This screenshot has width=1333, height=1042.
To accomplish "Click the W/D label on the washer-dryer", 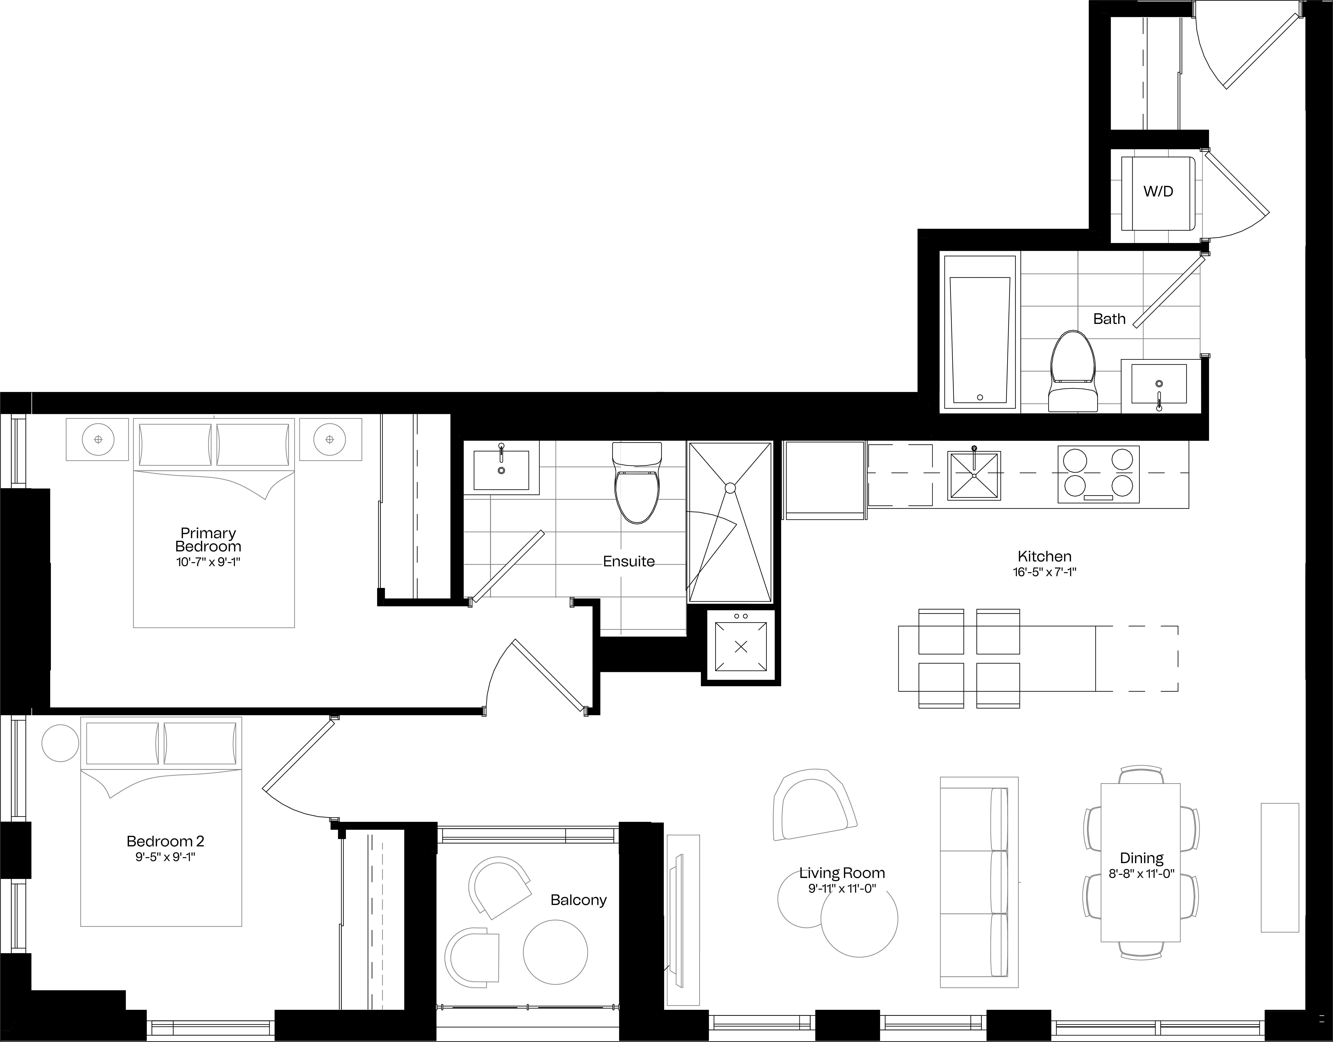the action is [x=1158, y=192].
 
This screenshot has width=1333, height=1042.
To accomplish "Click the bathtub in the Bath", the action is [x=980, y=332].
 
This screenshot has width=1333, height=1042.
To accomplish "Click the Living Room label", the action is [x=842, y=873].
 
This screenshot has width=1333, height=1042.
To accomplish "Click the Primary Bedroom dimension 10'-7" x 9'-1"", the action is [x=208, y=562].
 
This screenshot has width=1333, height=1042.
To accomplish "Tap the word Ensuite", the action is [x=629, y=562].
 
